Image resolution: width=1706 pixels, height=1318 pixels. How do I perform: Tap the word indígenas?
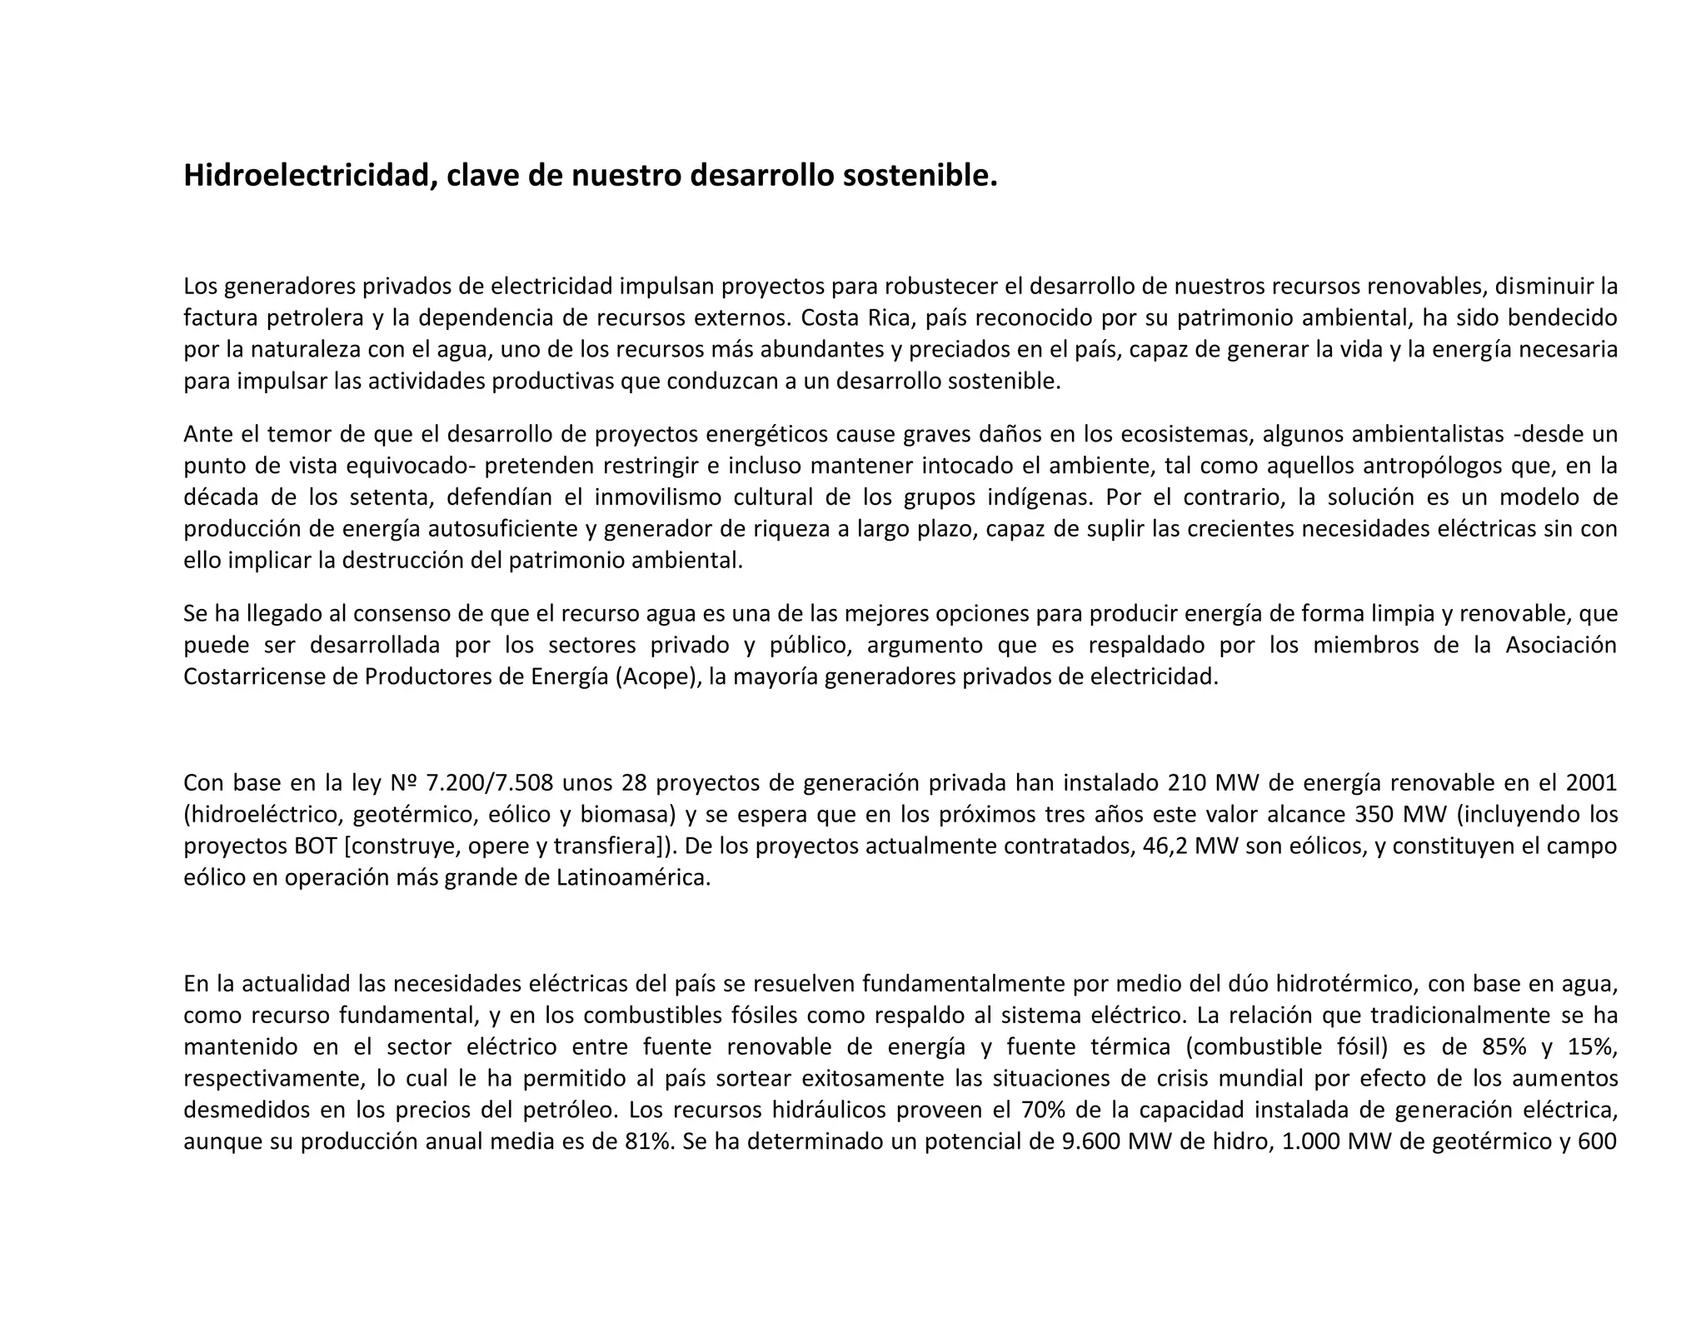click(1038, 498)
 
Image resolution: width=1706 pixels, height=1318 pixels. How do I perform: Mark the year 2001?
click(1591, 784)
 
